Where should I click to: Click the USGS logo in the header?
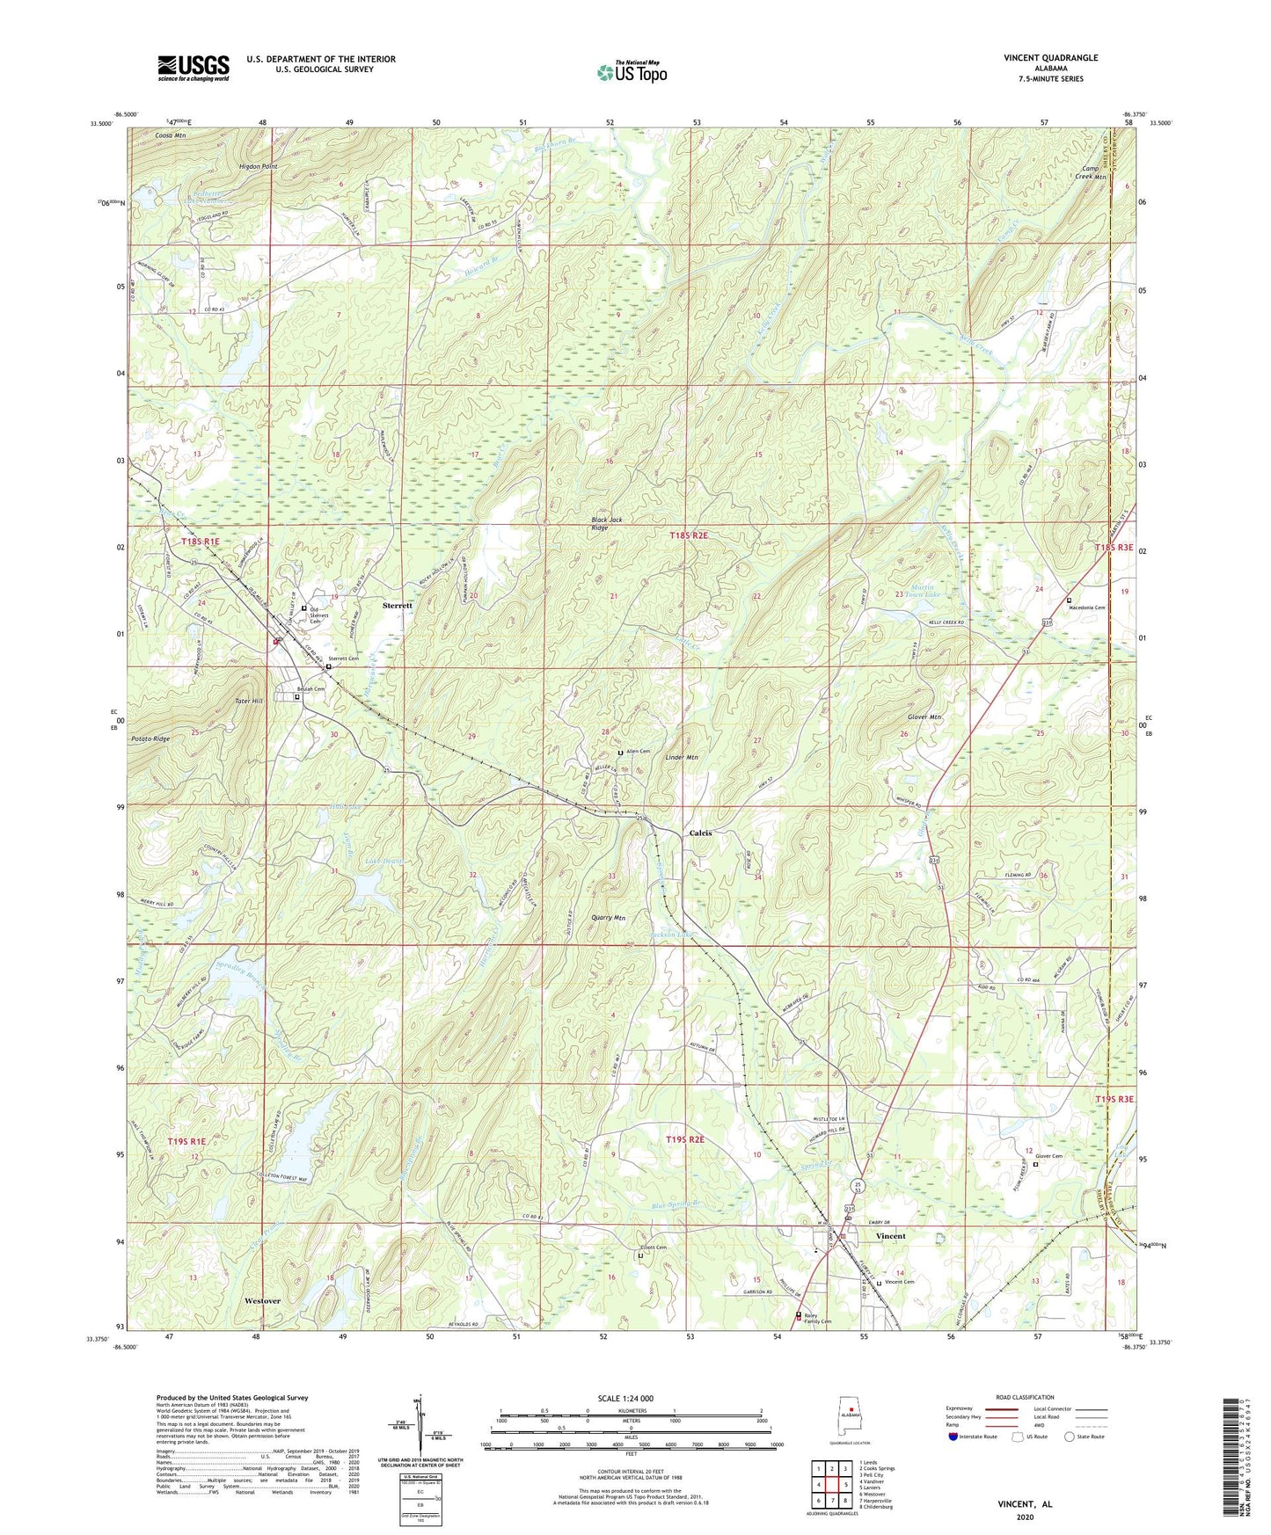coord(194,68)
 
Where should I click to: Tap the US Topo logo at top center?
coord(631,72)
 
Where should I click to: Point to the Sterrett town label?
coord(398,606)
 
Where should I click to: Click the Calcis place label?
coord(700,833)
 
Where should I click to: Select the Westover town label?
coord(262,1300)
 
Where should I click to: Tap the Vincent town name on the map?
coord(890,1235)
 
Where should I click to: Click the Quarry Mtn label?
coord(608,918)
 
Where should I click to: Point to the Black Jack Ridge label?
coord(607,524)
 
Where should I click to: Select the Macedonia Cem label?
coord(1087,607)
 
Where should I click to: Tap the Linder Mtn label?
coord(681,757)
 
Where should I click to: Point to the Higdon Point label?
coord(258,166)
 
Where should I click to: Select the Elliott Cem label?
coord(653,1248)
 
